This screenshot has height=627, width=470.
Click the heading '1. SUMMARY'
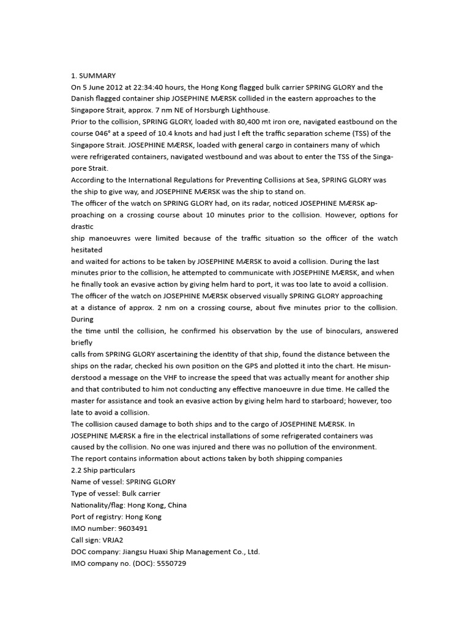(93, 75)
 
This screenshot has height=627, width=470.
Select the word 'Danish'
(84, 99)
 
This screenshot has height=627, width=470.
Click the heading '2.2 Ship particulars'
(103, 470)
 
